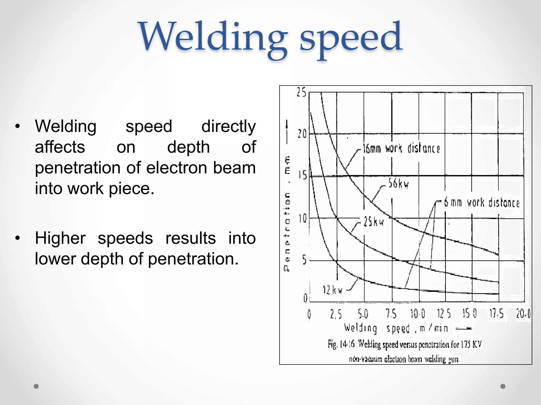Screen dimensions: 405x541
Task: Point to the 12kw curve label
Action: pos(332,290)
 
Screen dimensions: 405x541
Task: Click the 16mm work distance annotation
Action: pos(402,148)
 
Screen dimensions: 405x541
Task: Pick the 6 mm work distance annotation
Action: pos(482,202)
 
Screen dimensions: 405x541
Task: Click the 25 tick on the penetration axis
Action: pos(301,92)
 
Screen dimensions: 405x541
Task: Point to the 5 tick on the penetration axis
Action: pos(304,260)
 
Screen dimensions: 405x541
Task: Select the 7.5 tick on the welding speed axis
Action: pos(391,314)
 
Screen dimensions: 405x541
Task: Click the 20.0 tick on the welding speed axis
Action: pos(523,314)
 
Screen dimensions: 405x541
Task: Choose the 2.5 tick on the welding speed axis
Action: pos(336,314)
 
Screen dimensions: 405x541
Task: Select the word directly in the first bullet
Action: pos(228,126)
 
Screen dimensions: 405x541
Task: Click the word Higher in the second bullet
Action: pos(60,238)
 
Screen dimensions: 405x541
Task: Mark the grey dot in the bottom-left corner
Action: pos(36,386)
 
